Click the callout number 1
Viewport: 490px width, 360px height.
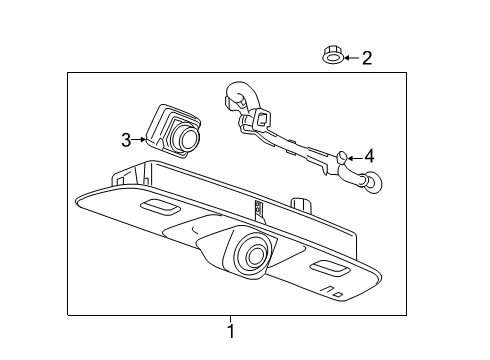click(231, 331)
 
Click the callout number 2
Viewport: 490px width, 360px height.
click(366, 58)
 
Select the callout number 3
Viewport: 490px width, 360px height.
click(127, 140)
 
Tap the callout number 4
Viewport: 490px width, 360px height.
click(368, 156)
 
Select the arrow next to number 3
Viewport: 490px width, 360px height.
click(141, 140)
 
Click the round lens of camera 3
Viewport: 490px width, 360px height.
click(184, 137)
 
